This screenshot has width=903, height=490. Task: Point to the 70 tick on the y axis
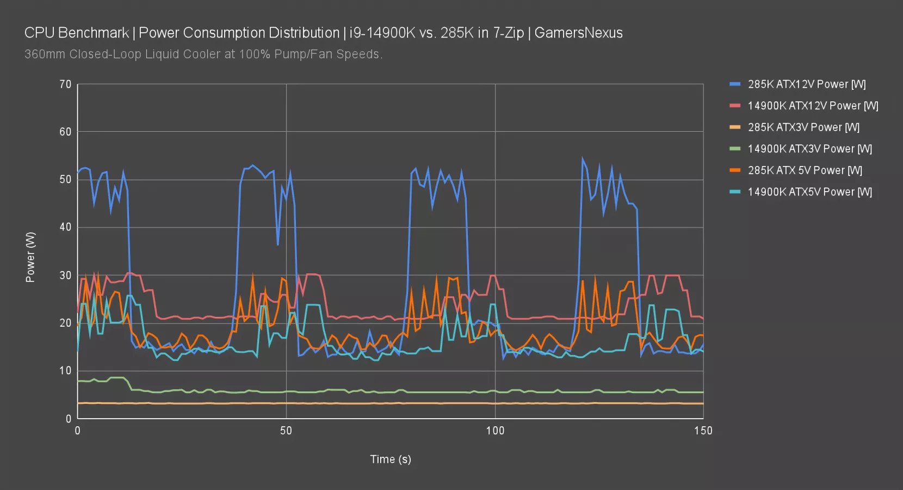[65, 84]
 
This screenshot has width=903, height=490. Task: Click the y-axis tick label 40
[65, 227]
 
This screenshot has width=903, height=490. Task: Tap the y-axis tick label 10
[65, 371]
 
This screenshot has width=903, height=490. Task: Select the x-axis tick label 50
[286, 431]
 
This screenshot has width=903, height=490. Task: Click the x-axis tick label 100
[495, 431]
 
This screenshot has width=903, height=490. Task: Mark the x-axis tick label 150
[703, 431]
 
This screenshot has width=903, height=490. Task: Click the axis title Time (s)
[391, 459]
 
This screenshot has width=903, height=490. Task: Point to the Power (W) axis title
[30, 257]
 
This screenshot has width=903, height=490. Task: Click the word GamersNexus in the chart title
[578, 33]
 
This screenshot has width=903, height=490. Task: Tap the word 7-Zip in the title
[508, 33]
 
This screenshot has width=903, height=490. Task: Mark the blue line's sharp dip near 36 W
[278, 244]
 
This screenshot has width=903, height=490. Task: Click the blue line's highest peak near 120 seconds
[583, 160]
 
